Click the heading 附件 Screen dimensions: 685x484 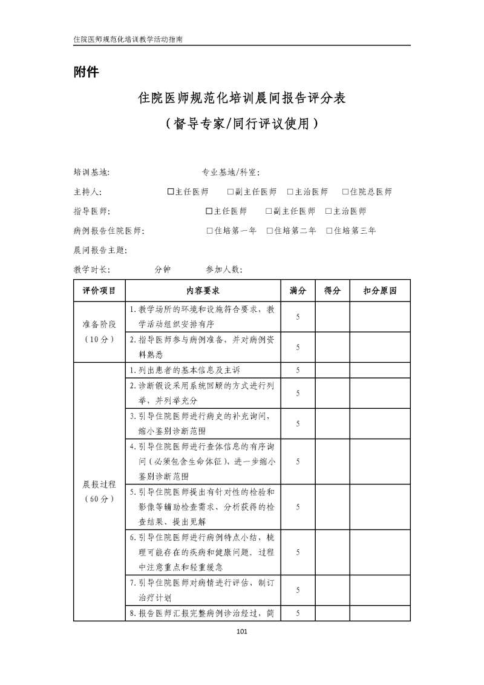[85, 72]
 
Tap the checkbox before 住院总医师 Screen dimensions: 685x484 [345, 192]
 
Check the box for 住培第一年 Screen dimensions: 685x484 [209, 231]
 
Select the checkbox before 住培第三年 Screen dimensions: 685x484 [329, 231]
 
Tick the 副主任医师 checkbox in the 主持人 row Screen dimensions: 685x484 [231, 192]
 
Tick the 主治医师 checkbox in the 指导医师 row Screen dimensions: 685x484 [329, 211]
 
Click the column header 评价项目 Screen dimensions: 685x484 [99, 291]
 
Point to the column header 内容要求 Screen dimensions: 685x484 [203, 291]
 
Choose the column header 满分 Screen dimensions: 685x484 [298, 291]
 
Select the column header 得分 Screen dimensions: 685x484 [332, 291]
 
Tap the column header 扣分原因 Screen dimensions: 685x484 [380, 291]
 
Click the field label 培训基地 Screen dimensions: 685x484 [91, 173]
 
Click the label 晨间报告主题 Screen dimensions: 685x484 [100, 250]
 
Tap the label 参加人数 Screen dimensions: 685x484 [224, 270]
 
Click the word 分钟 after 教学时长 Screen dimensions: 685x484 [163, 270]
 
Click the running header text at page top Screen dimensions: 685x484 [128, 38]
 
